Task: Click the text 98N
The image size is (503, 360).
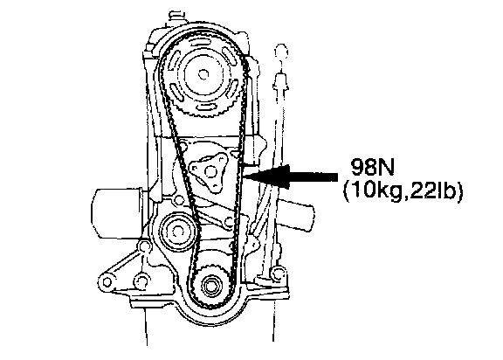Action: (372, 167)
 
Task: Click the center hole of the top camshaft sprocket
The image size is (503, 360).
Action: (202, 75)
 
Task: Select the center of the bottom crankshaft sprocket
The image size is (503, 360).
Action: (210, 285)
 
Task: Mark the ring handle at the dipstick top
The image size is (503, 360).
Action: (281, 52)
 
